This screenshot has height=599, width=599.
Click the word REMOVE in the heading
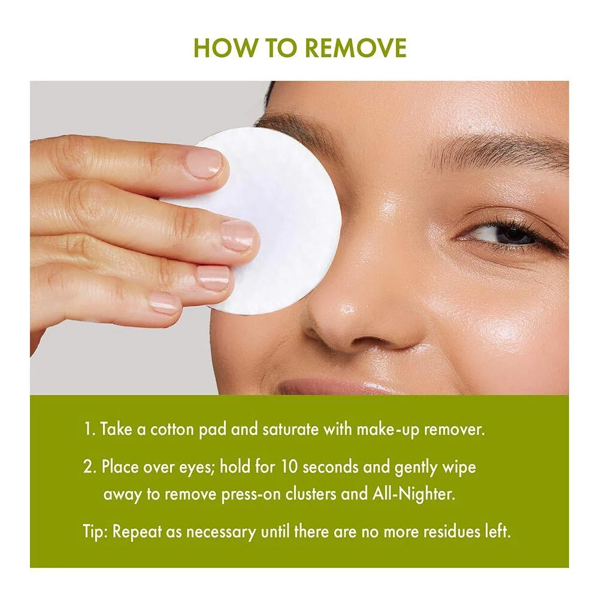[356, 47]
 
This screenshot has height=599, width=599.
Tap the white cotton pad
[264, 222]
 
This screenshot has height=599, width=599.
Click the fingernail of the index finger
[204, 164]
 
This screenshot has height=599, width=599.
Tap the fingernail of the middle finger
[238, 235]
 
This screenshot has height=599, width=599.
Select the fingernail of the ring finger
[213, 278]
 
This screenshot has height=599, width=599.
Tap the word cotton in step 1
[172, 429]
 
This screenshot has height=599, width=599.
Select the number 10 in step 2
[289, 467]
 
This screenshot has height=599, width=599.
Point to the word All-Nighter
[413, 494]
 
